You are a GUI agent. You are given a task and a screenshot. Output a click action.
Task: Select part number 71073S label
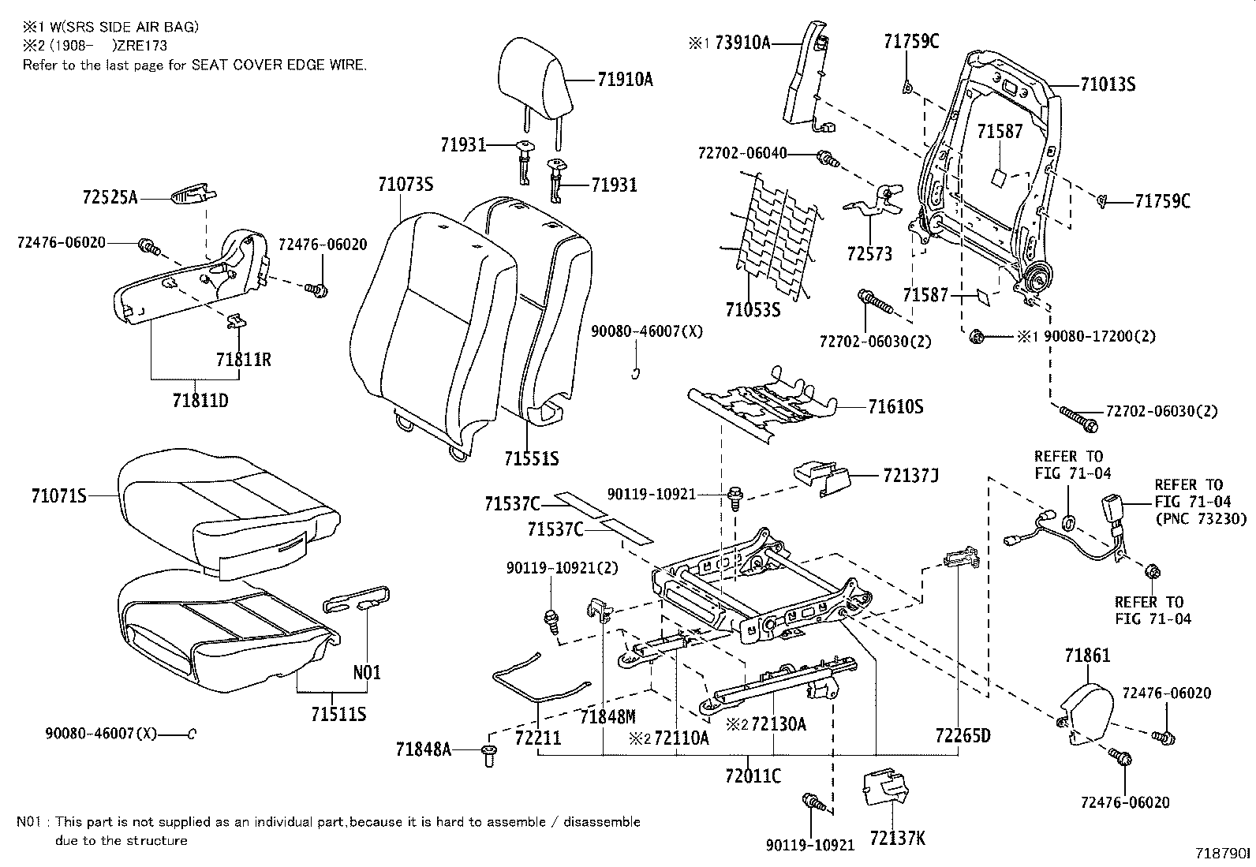tap(406, 185)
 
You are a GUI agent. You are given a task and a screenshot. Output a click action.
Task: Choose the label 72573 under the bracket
tap(869, 254)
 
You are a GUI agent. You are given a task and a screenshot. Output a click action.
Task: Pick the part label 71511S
tap(338, 714)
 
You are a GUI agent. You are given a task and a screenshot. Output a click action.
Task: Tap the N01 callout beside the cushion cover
tap(367, 673)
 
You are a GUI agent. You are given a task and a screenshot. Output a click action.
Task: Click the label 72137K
tap(897, 838)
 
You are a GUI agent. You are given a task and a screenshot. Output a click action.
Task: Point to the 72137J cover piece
tap(821, 478)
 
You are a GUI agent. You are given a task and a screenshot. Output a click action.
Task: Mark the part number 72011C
tap(753, 776)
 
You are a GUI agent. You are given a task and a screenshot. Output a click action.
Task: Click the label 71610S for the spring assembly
tap(895, 407)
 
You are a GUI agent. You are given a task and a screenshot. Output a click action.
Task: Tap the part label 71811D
tap(200, 400)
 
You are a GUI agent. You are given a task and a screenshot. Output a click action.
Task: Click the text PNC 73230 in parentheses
tap(1200, 519)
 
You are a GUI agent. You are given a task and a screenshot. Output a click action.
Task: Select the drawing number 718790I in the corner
tap(1222, 854)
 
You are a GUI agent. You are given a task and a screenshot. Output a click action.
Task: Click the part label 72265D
tap(963, 736)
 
